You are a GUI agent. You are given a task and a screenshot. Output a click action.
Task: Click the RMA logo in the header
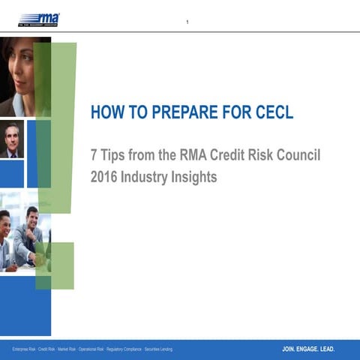click(39, 19)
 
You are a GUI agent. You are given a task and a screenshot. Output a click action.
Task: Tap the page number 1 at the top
click(187, 22)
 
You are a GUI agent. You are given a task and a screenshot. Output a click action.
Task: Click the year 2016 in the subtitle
click(103, 178)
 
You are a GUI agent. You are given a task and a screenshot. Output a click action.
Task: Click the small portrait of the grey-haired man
click(11, 140)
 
